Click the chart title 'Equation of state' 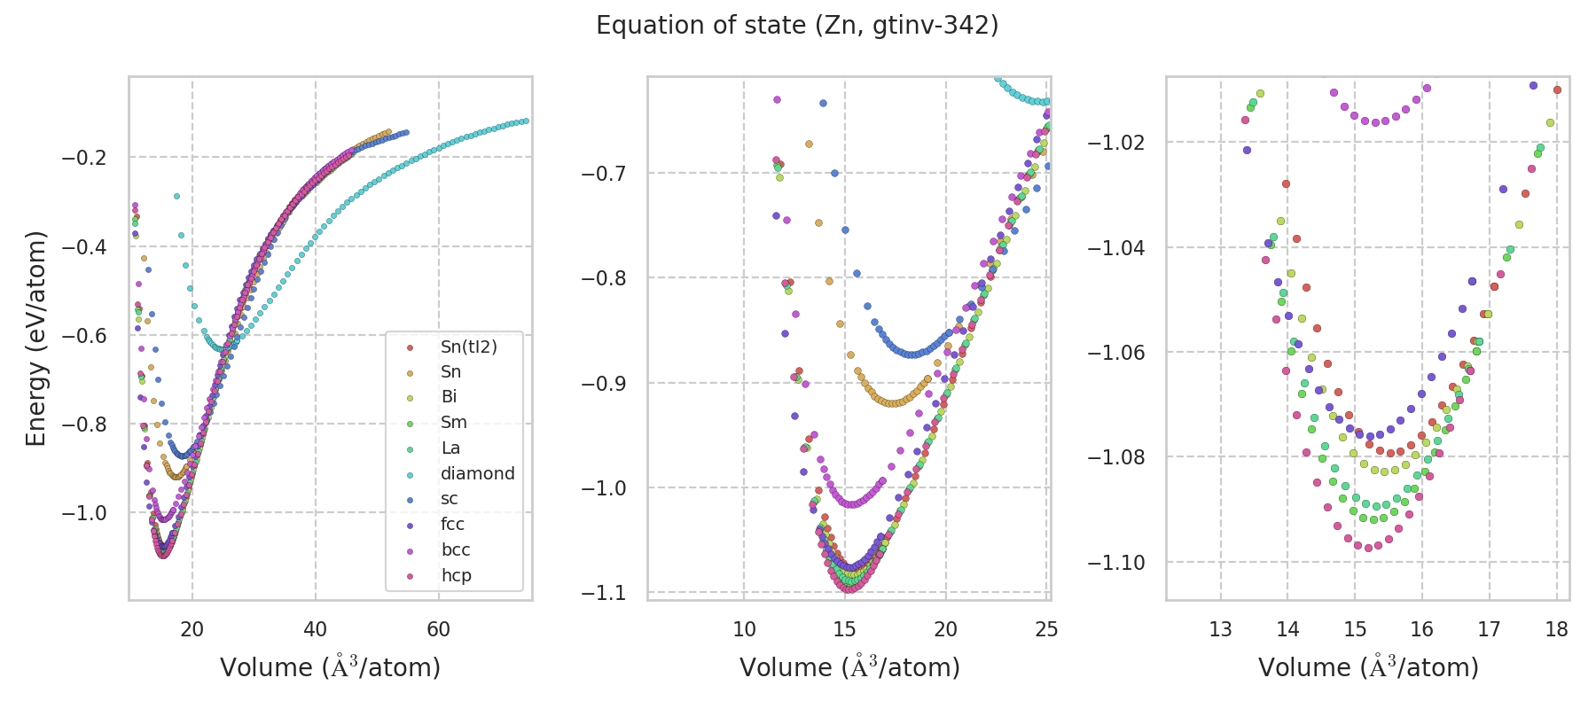click(x=797, y=26)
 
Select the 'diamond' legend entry click(x=477, y=473)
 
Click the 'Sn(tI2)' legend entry click(x=468, y=347)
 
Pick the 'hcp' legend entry click(x=456, y=575)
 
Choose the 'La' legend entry click(x=450, y=448)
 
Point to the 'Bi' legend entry click(x=449, y=397)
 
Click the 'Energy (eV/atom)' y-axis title click(x=36, y=338)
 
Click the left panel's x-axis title click(x=330, y=667)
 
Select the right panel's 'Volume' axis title click(x=1368, y=667)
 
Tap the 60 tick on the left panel click(x=438, y=629)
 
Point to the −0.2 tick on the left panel click(x=83, y=158)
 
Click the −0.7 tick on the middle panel click(x=603, y=173)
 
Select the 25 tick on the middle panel click(x=1046, y=629)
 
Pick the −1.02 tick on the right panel click(x=1115, y=143)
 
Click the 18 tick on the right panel click(x=1556, y=629)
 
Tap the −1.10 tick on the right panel click(x=1115, y=563)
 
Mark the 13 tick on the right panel click(x=1221, y=629)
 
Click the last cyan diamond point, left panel click(x=526, y=121)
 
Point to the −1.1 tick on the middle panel click(x=603, y=593)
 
